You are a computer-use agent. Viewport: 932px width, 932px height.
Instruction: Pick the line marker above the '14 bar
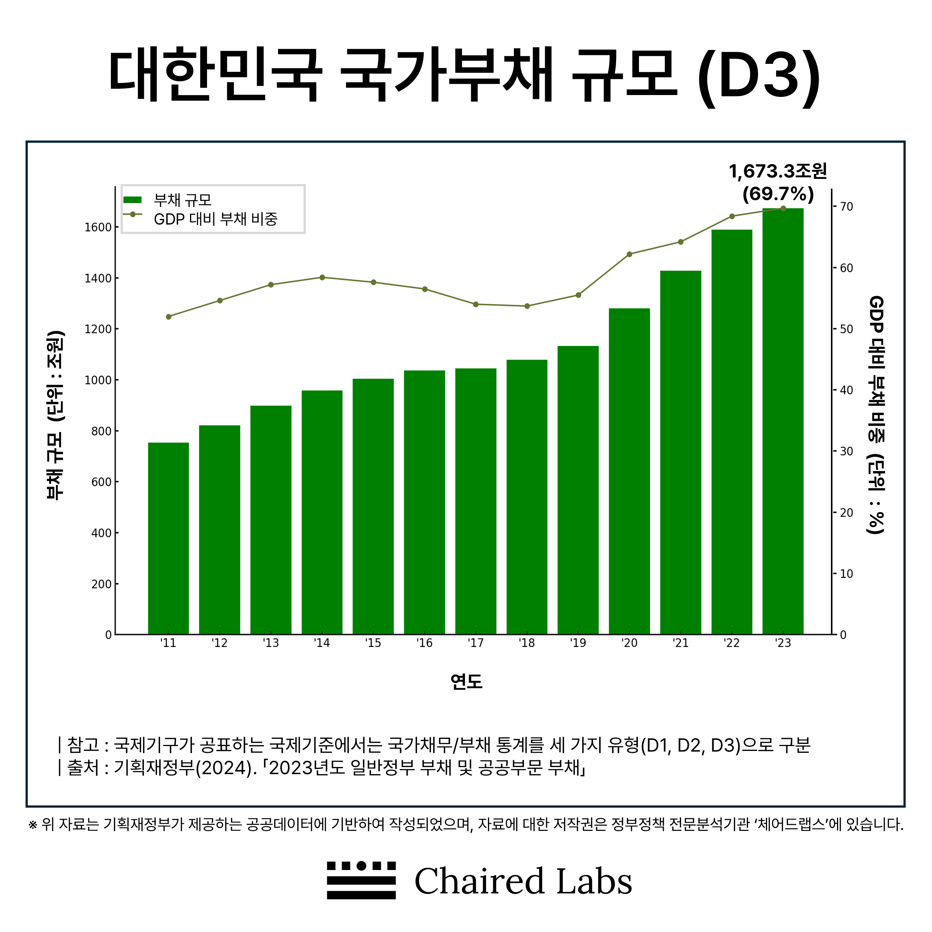coord(322,277)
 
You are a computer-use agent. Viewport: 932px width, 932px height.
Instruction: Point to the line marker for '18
coord(527,306)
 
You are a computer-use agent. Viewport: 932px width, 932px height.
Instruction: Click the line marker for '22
coord(732,216)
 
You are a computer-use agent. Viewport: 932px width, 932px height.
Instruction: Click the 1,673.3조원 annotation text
coord(778,171)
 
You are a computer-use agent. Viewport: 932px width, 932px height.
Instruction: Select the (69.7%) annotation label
coord(778,194)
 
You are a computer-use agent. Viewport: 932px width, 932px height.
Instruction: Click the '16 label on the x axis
coord(424,643)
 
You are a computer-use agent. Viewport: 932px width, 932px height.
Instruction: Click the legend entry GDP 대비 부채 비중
coord(215,219)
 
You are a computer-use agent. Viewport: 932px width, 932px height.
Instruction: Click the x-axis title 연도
coord(466,682)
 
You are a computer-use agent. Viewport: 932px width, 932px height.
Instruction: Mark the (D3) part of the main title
coord(758,76)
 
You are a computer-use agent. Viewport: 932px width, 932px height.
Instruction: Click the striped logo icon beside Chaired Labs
coord(361,881)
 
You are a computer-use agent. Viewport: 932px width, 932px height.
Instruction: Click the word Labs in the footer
coord(594,881)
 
